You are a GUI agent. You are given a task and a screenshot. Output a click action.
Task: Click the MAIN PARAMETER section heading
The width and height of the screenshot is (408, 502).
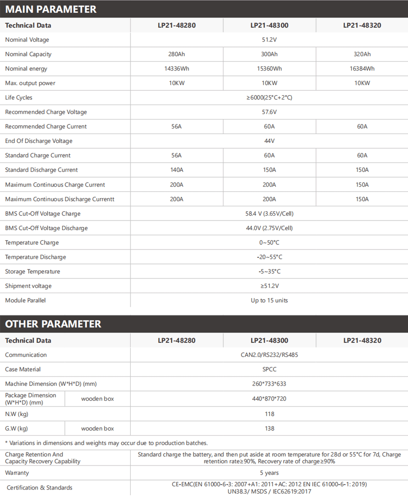coord(51,9)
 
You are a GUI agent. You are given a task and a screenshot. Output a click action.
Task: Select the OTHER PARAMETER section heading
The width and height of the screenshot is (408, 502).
coord(53,324)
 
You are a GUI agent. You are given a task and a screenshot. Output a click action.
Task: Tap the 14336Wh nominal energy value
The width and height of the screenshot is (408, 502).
coord(177,69)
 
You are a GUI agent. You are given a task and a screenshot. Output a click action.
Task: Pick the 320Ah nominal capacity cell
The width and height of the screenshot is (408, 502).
coord(362,54)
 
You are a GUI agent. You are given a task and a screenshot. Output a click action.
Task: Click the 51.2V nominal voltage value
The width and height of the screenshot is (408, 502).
coord(269,40)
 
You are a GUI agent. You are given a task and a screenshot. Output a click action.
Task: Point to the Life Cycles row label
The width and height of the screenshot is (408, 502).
coord(19,98)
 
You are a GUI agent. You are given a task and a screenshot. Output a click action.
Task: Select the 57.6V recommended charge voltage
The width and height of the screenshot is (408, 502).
coord(269,112)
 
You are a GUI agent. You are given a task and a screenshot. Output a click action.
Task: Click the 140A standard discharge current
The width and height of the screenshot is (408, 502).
coord(177,170)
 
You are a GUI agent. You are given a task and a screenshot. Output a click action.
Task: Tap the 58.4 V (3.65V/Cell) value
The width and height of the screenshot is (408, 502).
coord(269,213)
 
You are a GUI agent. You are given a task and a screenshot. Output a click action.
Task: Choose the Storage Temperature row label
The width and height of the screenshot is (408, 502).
coord(32,272)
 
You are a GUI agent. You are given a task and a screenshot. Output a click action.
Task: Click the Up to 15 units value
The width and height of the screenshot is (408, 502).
coord(269,300)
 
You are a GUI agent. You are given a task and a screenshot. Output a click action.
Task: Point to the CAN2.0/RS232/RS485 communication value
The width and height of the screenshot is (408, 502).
coord(269,355)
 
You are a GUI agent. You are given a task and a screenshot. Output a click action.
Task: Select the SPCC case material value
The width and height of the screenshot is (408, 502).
coord(269,369)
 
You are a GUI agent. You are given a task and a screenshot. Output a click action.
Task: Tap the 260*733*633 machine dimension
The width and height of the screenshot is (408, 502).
coord(269,384)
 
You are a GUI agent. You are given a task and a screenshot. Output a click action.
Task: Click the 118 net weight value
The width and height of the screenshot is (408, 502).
coord(269,414)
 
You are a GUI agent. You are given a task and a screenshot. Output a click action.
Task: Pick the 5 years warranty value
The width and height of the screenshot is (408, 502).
coord(269,473)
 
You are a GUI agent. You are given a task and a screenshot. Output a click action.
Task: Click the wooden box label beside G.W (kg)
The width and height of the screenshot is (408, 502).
coord(97,428)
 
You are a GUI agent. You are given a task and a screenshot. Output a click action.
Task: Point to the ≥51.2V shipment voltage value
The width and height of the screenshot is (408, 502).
coord(269,286)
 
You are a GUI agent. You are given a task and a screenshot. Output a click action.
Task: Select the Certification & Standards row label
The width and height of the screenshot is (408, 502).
coord(39,488)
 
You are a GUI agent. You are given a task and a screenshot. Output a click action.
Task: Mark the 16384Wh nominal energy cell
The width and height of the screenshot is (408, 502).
coord(362,69)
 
